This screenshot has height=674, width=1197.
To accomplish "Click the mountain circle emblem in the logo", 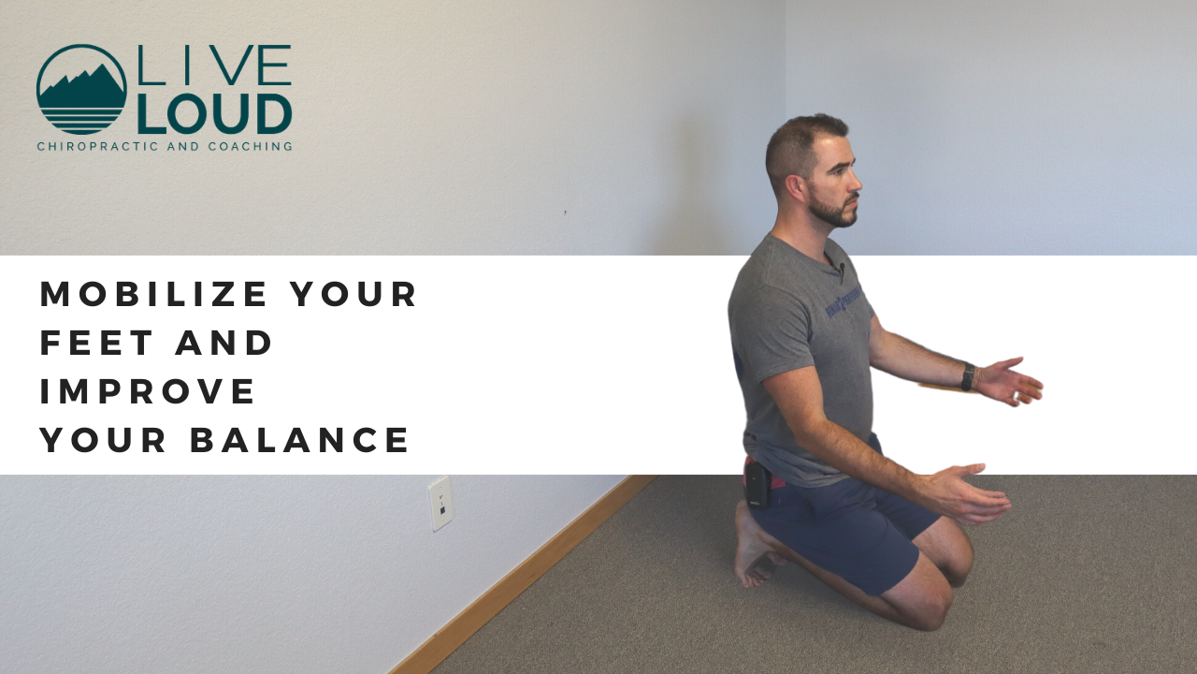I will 81,89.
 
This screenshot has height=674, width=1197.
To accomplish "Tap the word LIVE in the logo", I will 214,67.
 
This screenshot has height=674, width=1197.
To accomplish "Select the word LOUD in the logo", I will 214,113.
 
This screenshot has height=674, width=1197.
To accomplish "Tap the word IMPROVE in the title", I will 148,391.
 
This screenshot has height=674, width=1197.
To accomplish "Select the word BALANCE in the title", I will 300,440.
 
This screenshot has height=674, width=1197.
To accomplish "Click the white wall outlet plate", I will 440,503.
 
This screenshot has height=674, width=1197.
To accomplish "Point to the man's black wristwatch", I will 968,376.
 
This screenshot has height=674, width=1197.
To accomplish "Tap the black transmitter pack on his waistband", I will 757,485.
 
